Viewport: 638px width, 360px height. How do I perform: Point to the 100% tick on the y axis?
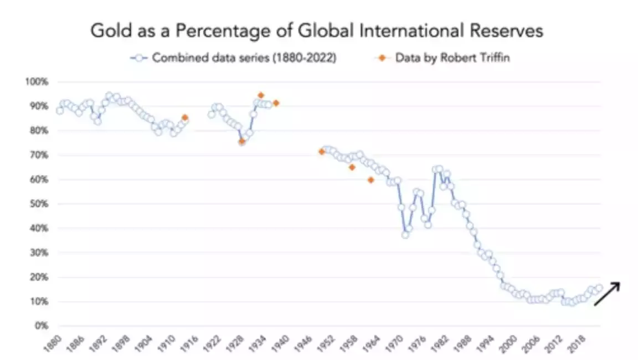coord(37,82)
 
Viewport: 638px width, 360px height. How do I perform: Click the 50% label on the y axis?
coord(39,204)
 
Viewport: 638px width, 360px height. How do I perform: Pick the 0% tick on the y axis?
coord(41,326)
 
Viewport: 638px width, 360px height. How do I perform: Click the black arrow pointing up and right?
coord(606,294)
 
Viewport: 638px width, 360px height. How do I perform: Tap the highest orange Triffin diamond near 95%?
coord(261,95)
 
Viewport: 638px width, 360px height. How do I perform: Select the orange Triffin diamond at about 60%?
coord(371,180)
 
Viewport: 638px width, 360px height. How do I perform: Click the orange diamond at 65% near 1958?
coord(352,167)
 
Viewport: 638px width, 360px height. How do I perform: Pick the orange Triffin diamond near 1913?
coord(185,117)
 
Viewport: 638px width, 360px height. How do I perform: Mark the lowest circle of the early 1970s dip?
coord(405,235)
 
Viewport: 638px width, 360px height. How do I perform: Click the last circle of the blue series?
coord(599,288)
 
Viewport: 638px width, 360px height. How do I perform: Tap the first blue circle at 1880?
coord(60,111)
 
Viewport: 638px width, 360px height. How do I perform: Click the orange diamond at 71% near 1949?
coord(321,152)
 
